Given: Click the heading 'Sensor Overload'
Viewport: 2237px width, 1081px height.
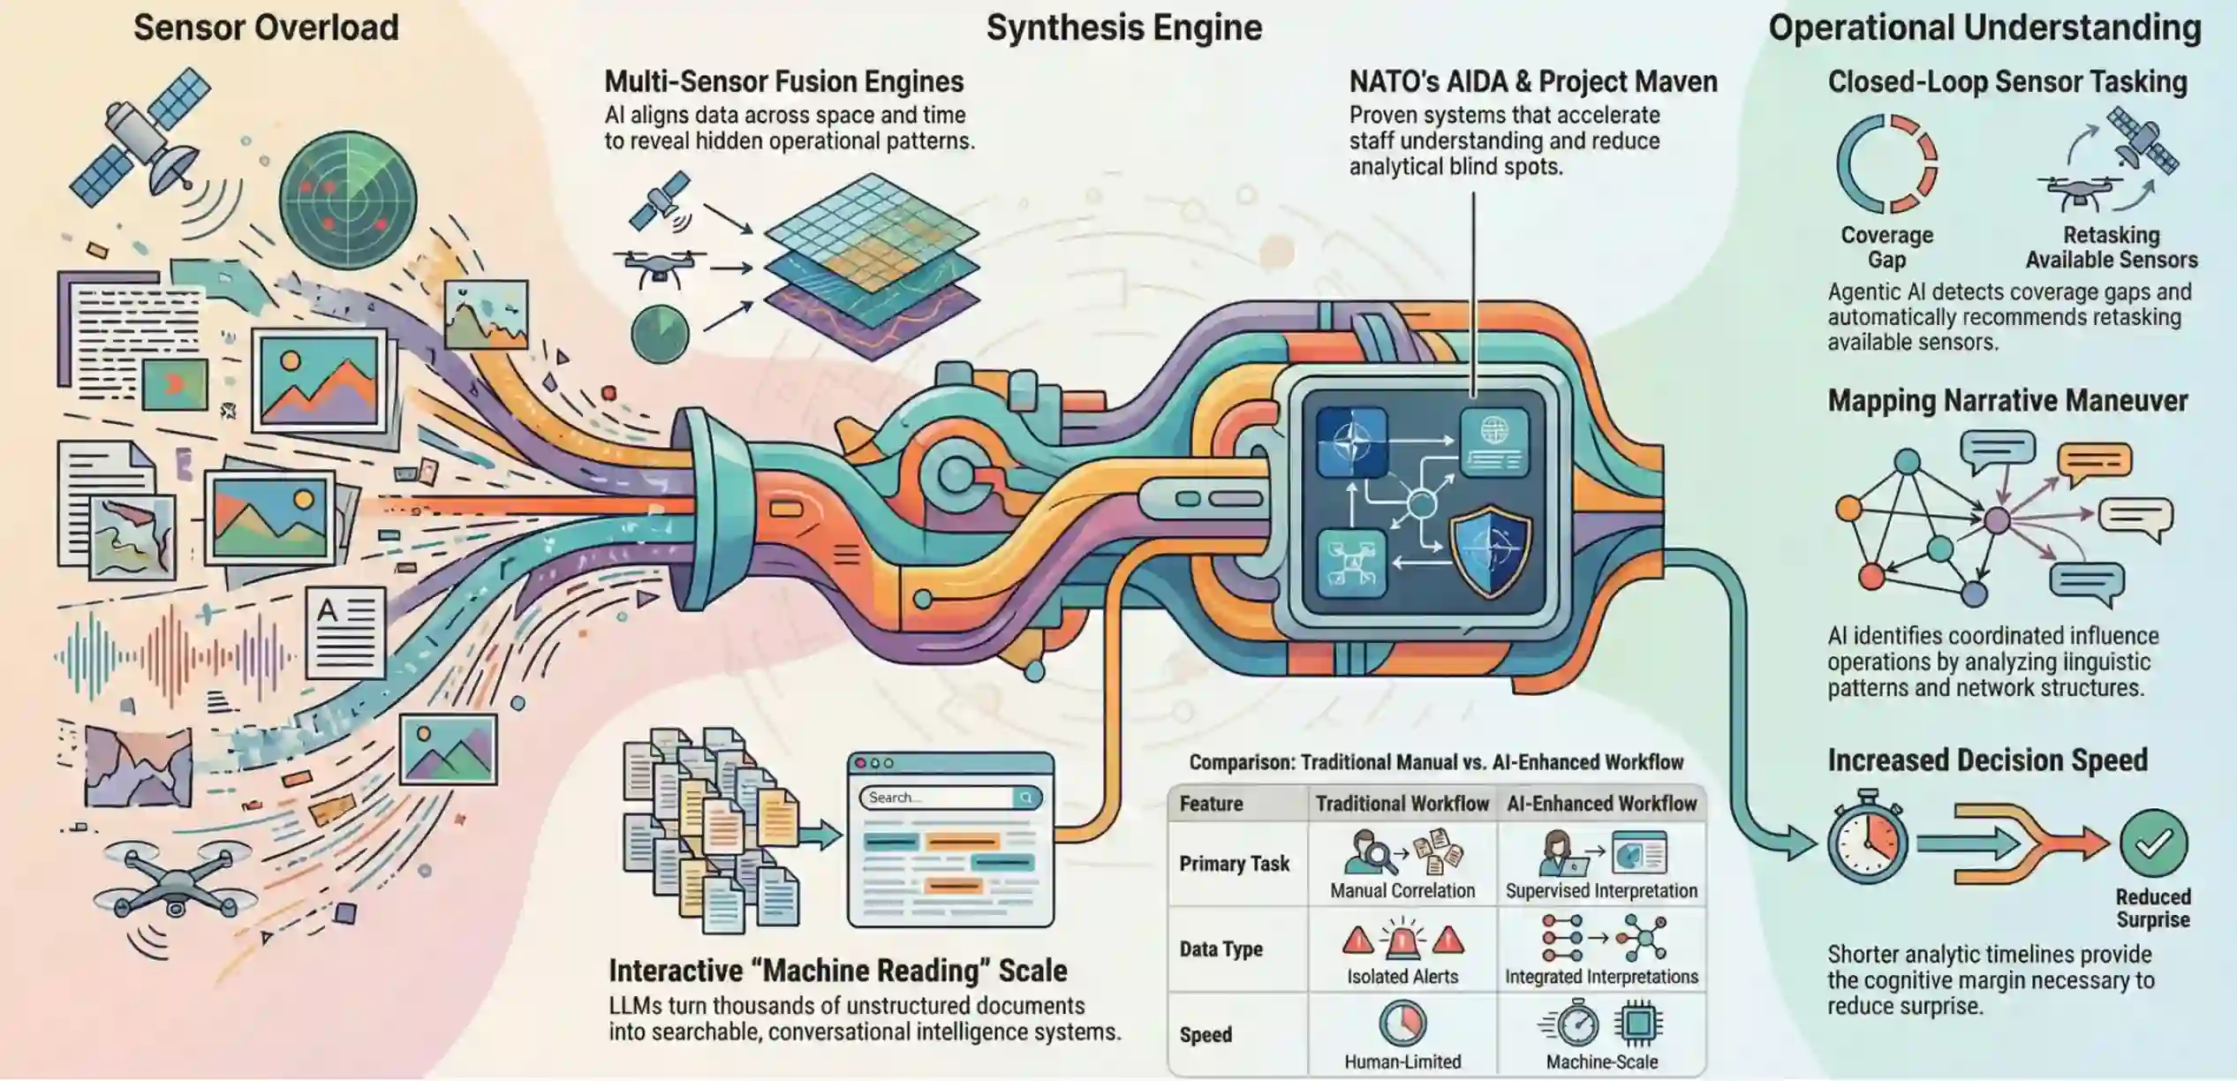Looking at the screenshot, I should pyautogui.click(x=266, y=27).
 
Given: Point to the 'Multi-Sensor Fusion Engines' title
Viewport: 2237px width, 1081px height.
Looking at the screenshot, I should pyautogui.click(x=783, y=81).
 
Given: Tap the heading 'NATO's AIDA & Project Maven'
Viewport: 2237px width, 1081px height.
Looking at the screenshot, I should pyautogui.click(x=1532, y=81).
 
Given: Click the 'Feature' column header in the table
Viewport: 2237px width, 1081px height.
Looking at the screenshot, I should pyautogui.click(x=1211, y=804).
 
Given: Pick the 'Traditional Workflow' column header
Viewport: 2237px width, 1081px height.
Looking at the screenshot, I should pyautogui.click(x=1402, y=804).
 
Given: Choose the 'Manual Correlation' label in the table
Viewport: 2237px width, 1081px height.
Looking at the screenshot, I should pyautogui.click(x=1402, y=890).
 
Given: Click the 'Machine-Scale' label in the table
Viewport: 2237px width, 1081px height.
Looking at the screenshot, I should pyautogui.click(x=1601, y=1062).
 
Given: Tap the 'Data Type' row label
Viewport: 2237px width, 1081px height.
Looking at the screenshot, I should pyautogui.click(x=1221, y=949).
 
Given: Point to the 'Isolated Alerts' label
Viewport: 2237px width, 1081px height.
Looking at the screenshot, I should pyautogui.click(x=1402, y=976).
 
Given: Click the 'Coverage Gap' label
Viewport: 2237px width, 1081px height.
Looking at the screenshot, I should pyautogui.click(x=1886, y=247).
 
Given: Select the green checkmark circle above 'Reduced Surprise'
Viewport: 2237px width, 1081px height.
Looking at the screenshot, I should pyautogui.click(x=2153, y=843).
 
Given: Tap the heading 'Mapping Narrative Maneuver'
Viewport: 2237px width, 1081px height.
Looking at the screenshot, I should pyautogui.click(x=2007, y=400).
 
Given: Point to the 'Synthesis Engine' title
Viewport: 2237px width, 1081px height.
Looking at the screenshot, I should pyautogui.click(x=1123, y=27).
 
